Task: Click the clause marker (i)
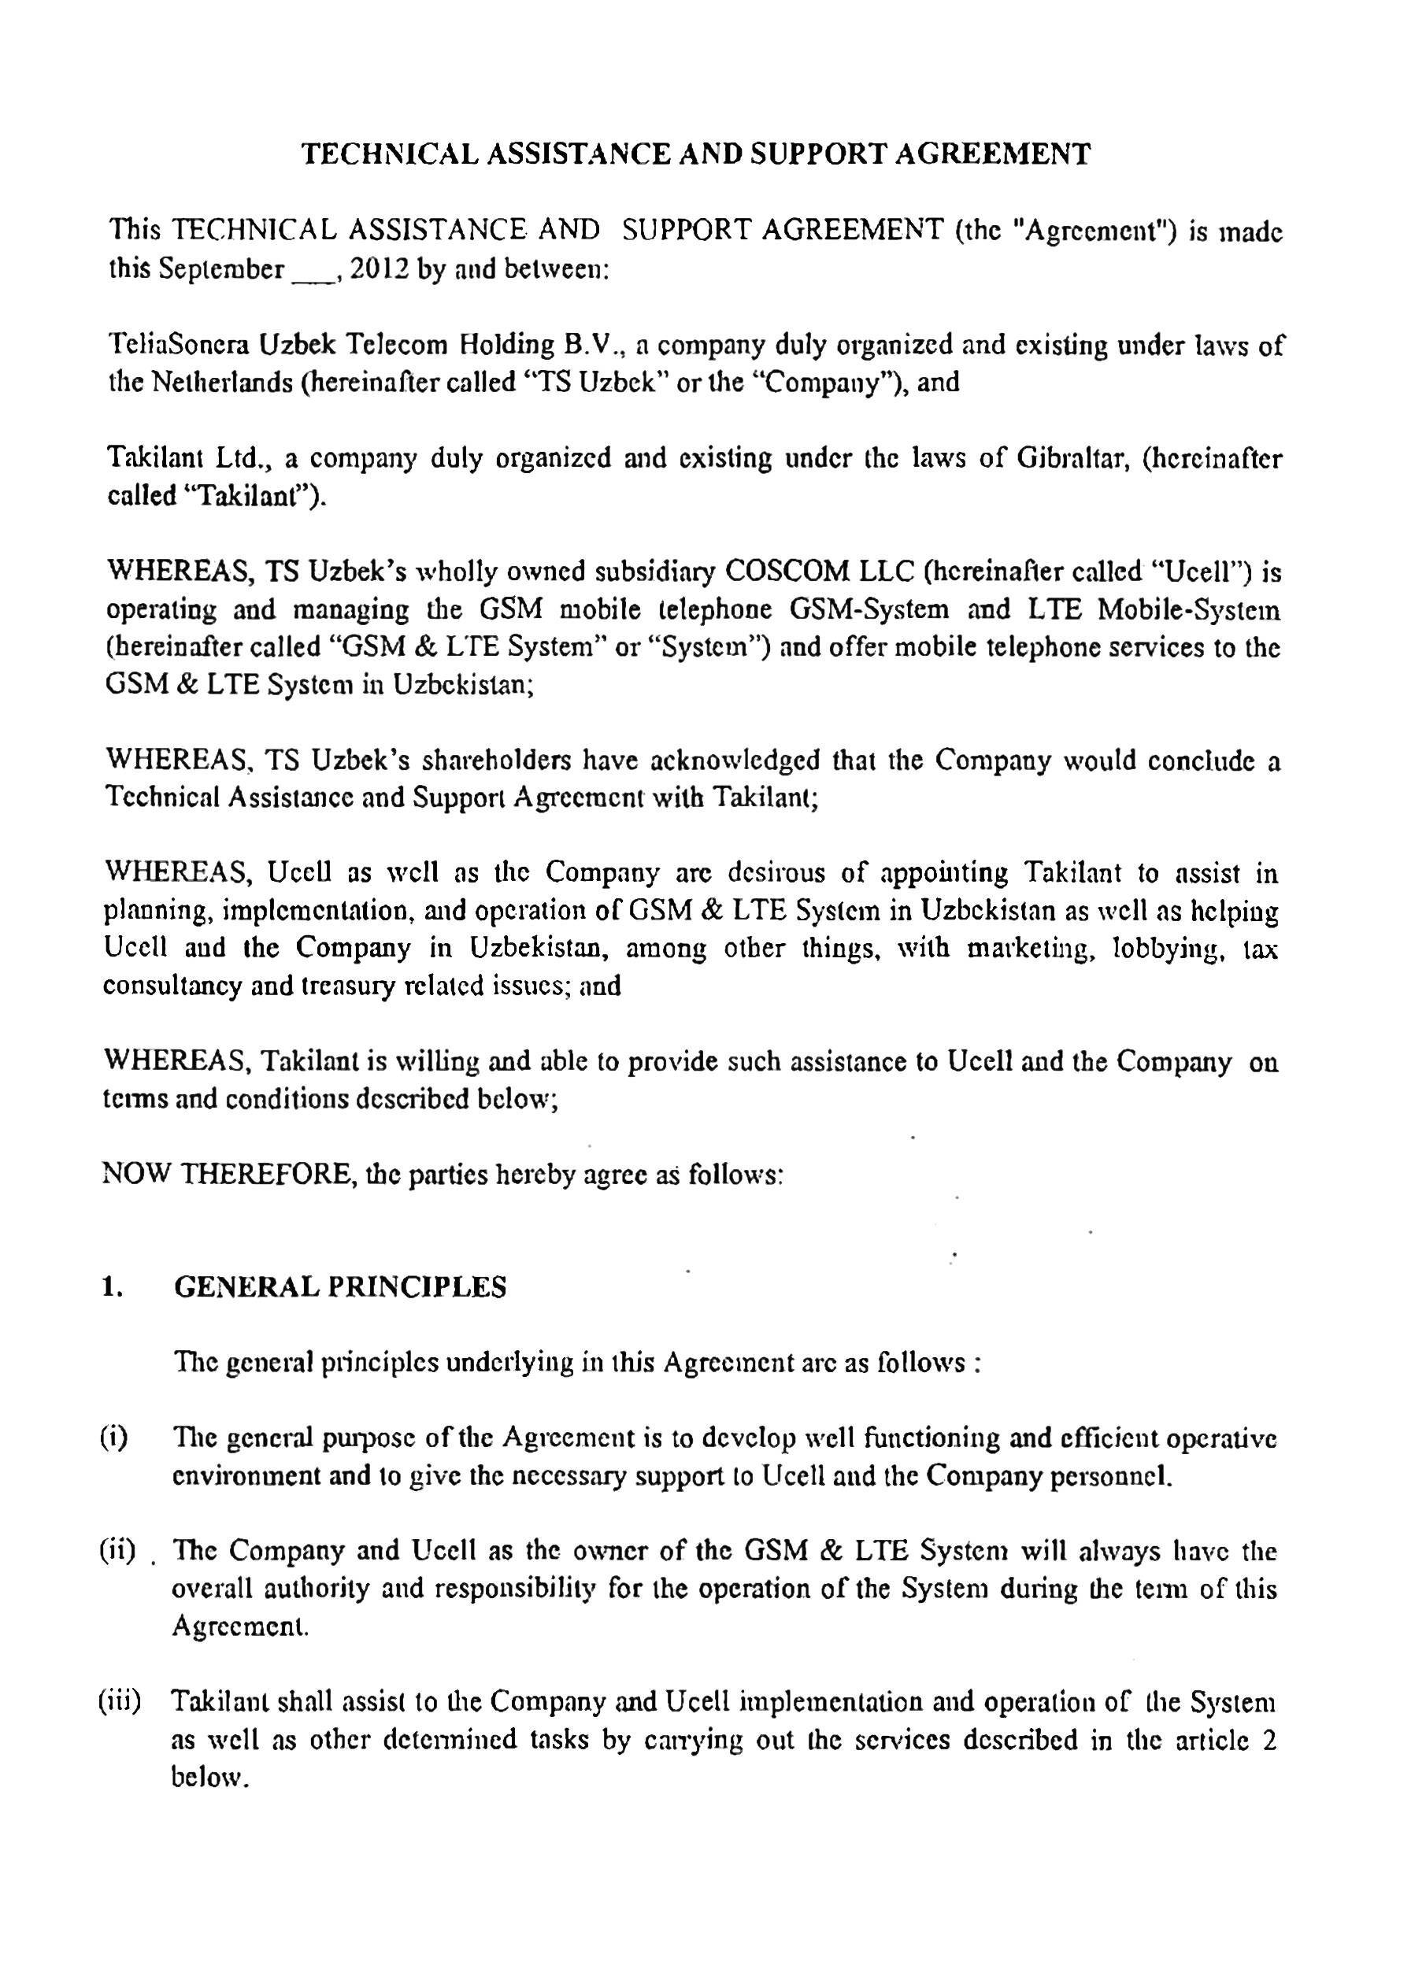(x=113, y=1439)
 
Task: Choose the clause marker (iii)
(x=120, y=1701)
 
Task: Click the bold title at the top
(x=695, y=154)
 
